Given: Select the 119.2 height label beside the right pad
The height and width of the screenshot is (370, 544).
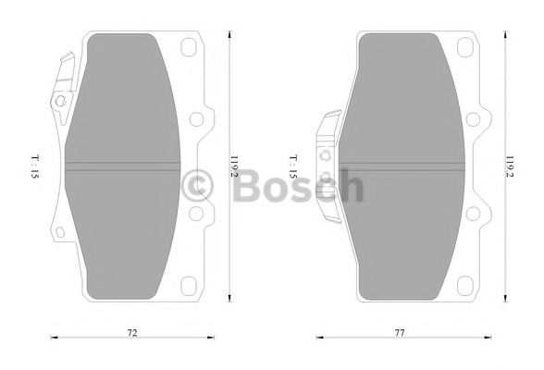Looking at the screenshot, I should click(510, 167).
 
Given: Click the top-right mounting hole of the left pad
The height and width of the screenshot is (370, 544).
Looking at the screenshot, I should click(192, 46).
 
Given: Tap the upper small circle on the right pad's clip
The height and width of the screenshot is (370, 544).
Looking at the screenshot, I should click(324, 154).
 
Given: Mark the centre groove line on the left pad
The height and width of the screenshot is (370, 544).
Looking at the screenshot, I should click(120, 166).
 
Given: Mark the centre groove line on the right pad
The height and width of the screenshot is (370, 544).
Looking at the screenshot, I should click(398, 166).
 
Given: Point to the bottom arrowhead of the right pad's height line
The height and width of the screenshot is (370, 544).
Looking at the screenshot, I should click(505, 300).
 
